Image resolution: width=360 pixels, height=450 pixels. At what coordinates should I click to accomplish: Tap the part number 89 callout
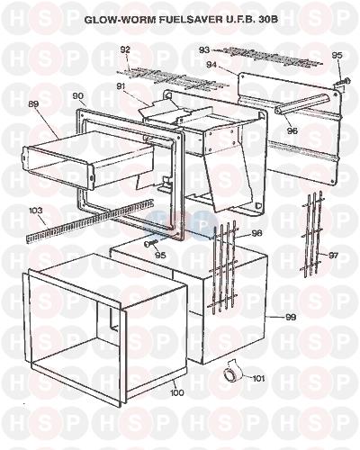33,104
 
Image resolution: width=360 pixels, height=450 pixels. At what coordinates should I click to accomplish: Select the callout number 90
78,96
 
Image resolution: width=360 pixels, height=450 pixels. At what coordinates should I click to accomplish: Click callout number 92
126,49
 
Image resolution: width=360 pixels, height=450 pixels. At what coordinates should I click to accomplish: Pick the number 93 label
204,49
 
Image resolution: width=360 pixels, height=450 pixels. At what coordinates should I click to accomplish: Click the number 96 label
292,130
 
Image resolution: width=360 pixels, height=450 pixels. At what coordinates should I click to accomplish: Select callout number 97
333,256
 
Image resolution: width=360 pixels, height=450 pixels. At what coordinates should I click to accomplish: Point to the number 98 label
256,233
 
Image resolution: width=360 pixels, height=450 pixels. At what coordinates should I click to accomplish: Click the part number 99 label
291,317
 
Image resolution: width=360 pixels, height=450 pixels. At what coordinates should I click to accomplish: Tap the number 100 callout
176,392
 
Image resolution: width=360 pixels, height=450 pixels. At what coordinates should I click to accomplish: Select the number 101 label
258,379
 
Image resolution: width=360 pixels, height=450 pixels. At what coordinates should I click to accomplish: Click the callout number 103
36,211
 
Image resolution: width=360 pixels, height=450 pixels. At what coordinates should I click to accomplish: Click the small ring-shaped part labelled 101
230,373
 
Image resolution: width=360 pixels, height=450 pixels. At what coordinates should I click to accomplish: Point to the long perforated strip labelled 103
89,221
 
